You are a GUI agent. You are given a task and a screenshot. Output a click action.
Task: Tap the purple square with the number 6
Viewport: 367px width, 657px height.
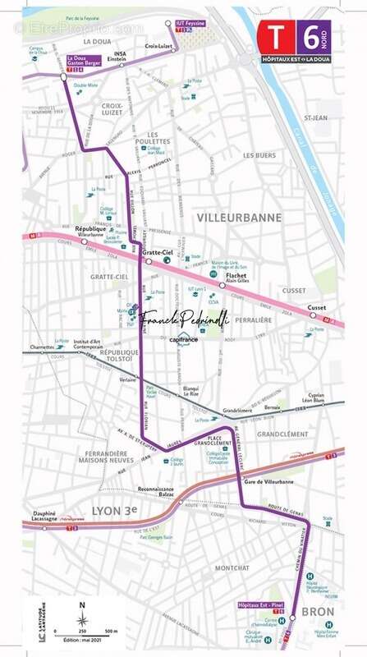(x=314, y=34)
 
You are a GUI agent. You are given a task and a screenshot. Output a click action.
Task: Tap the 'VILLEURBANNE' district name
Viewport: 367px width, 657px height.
(x=239, y=218)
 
